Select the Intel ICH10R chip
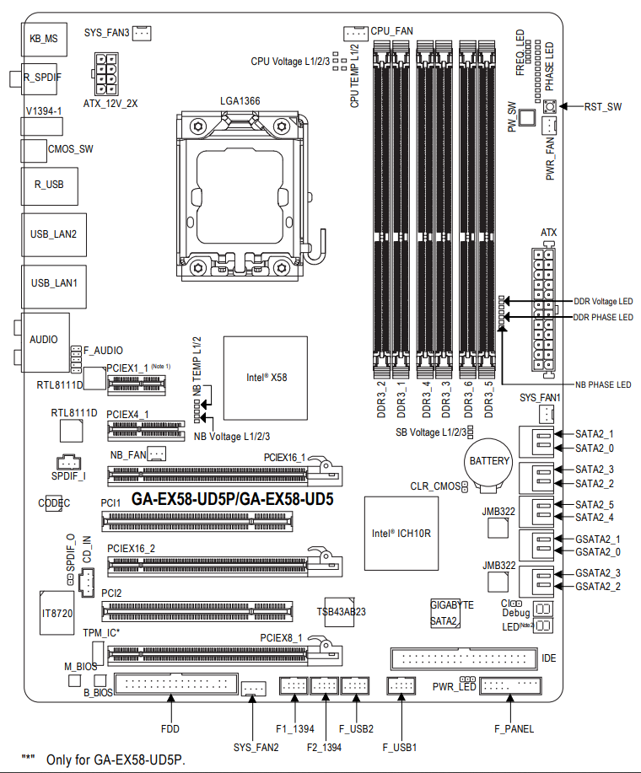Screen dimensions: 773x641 (x=401, y=533)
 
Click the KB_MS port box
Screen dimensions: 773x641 (x=44, y=38)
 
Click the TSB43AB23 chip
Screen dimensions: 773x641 (x=342, y=611)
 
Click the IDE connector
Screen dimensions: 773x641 (x=463, y=658)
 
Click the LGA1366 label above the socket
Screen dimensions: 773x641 (x=240, y=100)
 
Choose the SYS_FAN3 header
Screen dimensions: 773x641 (x=142, y=33)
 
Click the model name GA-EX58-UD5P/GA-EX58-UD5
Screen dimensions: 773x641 (x=233, y=498)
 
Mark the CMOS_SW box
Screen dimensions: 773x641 (x=34, y=149)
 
